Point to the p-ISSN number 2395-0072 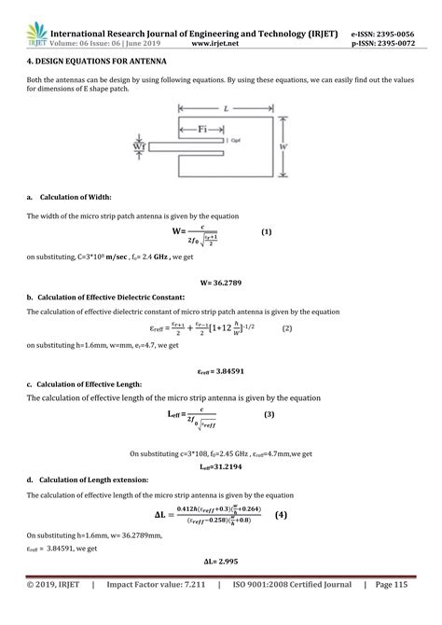tap(396, 43)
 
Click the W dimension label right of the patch tap(283, 147)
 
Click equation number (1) tap(266, 231)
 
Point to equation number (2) tap(287, 328)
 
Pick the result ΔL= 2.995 tap(221, 563)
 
